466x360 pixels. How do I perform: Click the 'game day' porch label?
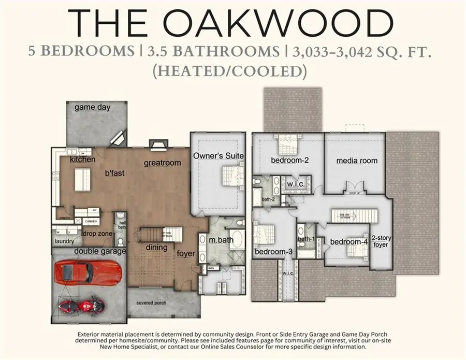point(92,107)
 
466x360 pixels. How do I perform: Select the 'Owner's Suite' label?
point(218,155)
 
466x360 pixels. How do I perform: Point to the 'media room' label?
point(357,161)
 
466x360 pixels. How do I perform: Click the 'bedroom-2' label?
point(290,161)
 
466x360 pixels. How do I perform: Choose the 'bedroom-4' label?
point(348,242)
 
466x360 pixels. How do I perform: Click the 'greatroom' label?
point(163,163)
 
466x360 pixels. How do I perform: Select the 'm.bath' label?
point(221,240)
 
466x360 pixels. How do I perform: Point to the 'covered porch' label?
point(151,303)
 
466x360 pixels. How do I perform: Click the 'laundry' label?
point(64,241)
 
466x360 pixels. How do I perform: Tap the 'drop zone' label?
point(97,234)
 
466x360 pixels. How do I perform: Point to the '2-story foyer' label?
point(381,241)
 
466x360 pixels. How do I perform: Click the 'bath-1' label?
point(306,239)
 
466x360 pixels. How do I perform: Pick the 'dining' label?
point(156,248)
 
